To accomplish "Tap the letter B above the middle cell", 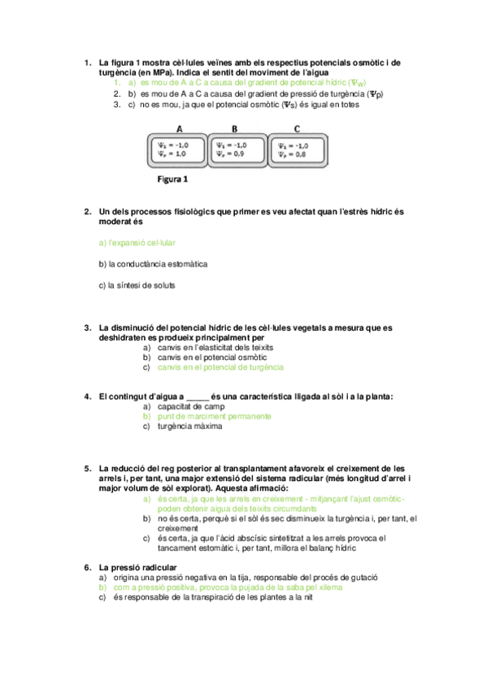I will (x=234, y=128).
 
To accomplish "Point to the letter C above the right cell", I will (x=298, y=128).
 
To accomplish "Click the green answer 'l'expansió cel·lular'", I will (x=137, y=243).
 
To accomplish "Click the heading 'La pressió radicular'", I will (x=138, y=566).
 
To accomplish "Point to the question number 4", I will (x=87, y=396).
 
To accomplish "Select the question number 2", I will (x=87, y=211).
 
